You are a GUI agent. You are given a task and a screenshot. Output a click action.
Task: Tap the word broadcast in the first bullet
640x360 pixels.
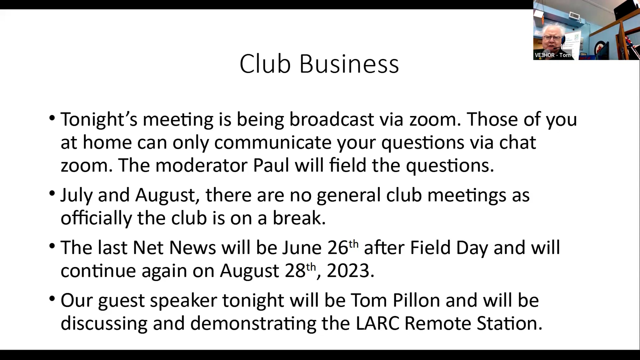pyautogui.click(x=331, y=119)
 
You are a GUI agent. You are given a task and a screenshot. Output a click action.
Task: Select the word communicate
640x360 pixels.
pyautogui.click(x=273, y=142)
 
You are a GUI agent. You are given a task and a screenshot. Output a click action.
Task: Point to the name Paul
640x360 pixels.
pyautogui.click(x=271, y=165)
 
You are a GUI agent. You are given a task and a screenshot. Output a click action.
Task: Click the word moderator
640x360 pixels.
pyautogui.click(x=202, y=165)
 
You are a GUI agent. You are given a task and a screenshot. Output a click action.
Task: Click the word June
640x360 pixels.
pyautogui.click(x=302, y=248)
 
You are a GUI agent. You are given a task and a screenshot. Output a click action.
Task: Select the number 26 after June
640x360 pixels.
pyautogui.click(x=338, y=248)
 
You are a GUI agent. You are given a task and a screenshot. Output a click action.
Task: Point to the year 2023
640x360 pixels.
pyautogui.click(x=348, y=271)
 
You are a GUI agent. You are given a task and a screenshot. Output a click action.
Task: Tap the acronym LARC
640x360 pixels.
pyautogui.click(x=377, y=323)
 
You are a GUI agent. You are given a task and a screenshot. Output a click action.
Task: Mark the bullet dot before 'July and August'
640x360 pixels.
pyautogui.click(x=52, y=193)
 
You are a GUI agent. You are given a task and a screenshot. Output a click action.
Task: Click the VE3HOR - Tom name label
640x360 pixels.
pyautogui.click(x=553, y=55)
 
